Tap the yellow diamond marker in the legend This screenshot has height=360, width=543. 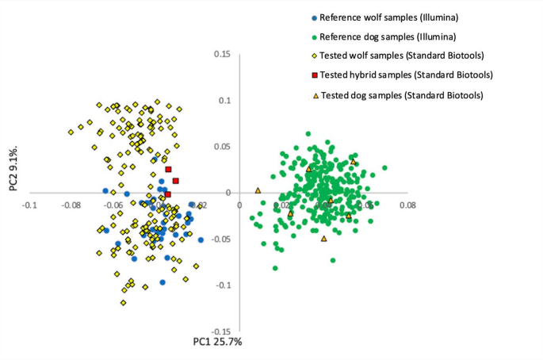click(x=315, y=56)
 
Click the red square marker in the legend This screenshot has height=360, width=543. click(x=315, y=75)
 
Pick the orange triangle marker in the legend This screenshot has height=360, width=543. click(x=315, y=95)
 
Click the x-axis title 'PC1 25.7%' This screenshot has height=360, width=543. click(x=217, y=342)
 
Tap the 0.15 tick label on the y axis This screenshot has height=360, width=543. click(x=221, y=55)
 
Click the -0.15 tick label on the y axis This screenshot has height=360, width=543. click(x=220, y=331)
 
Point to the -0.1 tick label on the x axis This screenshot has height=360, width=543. click(x=29, y=205)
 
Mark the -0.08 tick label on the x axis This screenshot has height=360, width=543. click(x=71, y=205)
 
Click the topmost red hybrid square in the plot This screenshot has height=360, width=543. click(x=168, y=170)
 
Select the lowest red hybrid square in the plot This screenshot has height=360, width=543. click(x=167, y=194)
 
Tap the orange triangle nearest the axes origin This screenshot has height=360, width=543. click(x=258, y=190)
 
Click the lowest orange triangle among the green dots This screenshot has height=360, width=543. click(x=323, y=239)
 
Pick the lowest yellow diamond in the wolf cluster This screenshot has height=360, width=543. click(x=123, y=302)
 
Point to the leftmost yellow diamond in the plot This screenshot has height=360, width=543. click(x=71, y=132)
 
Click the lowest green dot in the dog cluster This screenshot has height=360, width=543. click(x=275, y=268)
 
